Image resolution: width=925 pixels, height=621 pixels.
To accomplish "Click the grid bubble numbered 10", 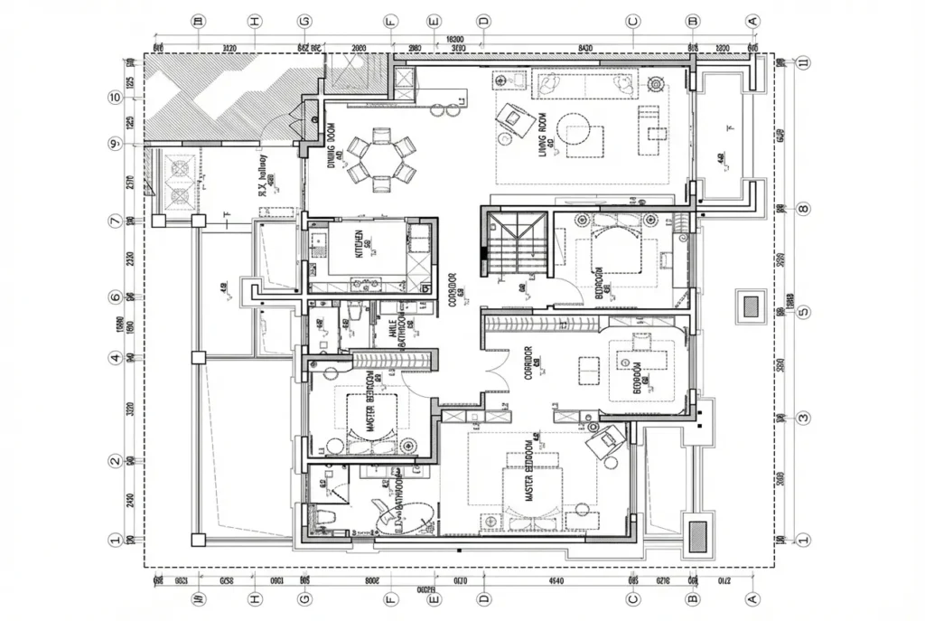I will click(x=115, y=98).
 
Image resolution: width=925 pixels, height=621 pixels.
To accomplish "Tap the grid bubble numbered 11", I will click(x=804, y=63).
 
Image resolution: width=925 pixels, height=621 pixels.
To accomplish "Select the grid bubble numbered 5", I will click(x=804, y=314).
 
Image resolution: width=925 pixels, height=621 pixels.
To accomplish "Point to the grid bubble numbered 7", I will click(x=115, y=220).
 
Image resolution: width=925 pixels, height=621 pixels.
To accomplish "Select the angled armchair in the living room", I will click(x=514, y=118).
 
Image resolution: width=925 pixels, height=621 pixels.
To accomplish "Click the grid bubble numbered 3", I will click(x=804, y=418).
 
